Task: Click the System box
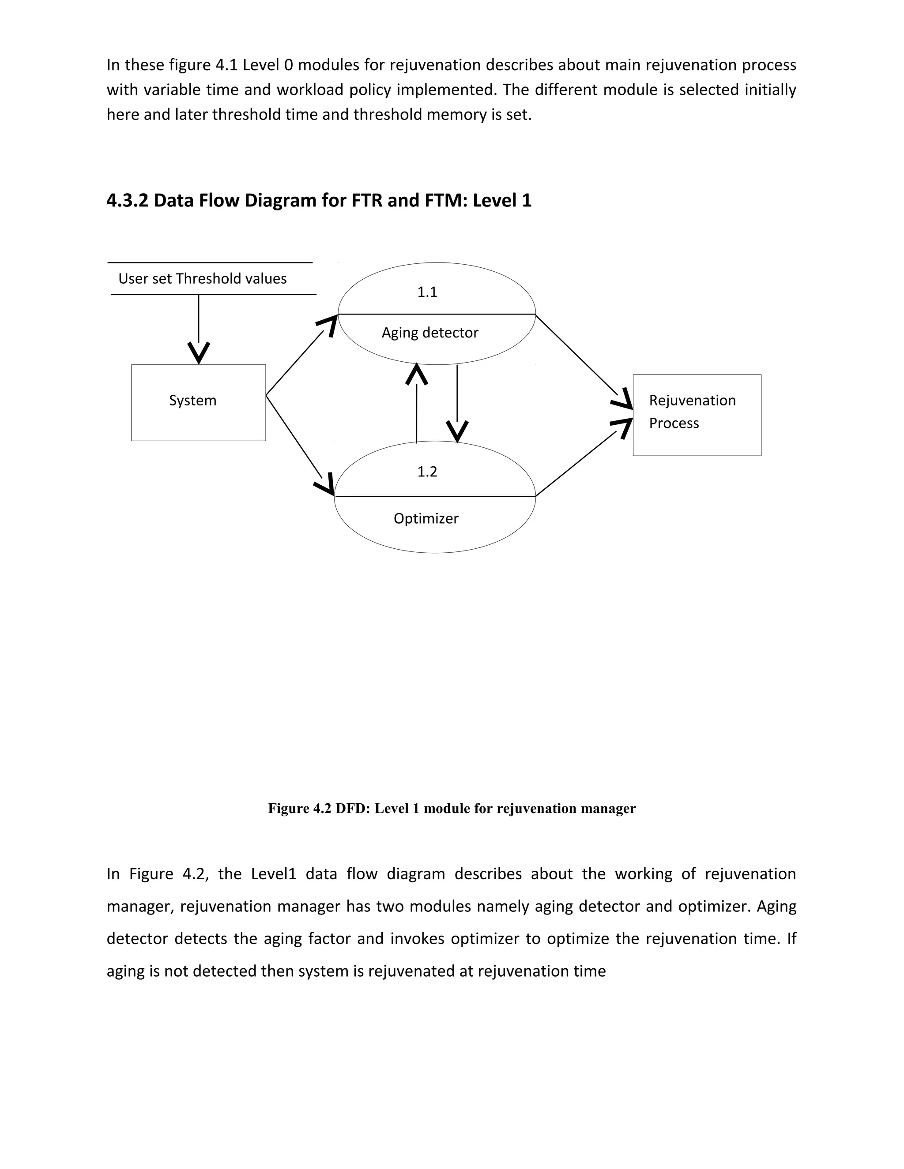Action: pos(198,402)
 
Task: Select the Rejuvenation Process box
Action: pos(696,415)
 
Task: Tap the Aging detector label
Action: pos(429,333)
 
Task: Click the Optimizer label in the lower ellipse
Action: pos(426,519)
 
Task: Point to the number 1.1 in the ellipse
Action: pos(427,292)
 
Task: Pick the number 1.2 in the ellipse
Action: pos(427,472)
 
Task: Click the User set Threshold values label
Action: pos(203,279)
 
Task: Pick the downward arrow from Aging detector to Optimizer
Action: pos(457,401)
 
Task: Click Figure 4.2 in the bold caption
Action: pos(300,808)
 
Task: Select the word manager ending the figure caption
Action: pos(610,808)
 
